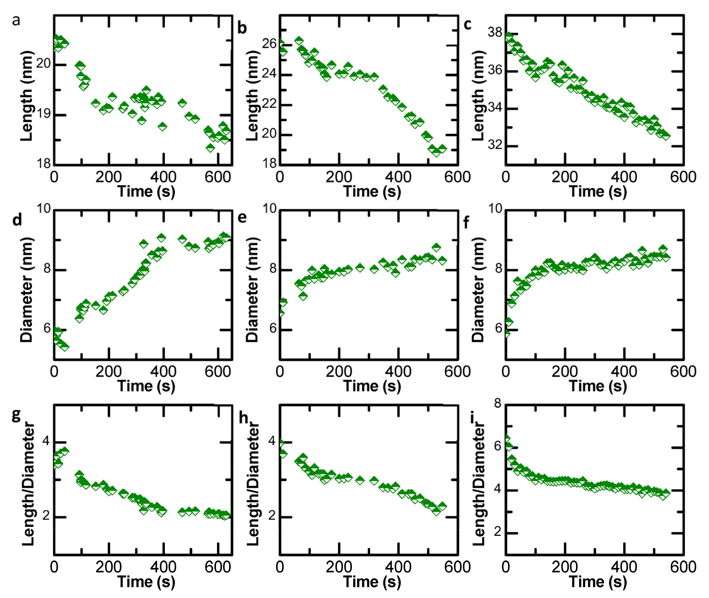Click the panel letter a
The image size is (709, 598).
(x=16, y=21)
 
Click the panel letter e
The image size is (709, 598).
(x=242, y=217)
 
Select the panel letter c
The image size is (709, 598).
(x=468, y=24)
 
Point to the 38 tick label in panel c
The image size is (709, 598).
(x=495, y=33)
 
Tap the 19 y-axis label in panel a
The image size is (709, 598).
(x=43, y=114)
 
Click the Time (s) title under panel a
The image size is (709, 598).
(x=146, y=191)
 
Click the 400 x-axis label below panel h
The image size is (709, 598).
(x=398, y=567)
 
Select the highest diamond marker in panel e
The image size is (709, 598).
(x=436, y=247)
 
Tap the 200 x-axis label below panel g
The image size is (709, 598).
(x=108, y=567)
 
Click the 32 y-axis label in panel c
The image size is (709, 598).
(x=495, y=145)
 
